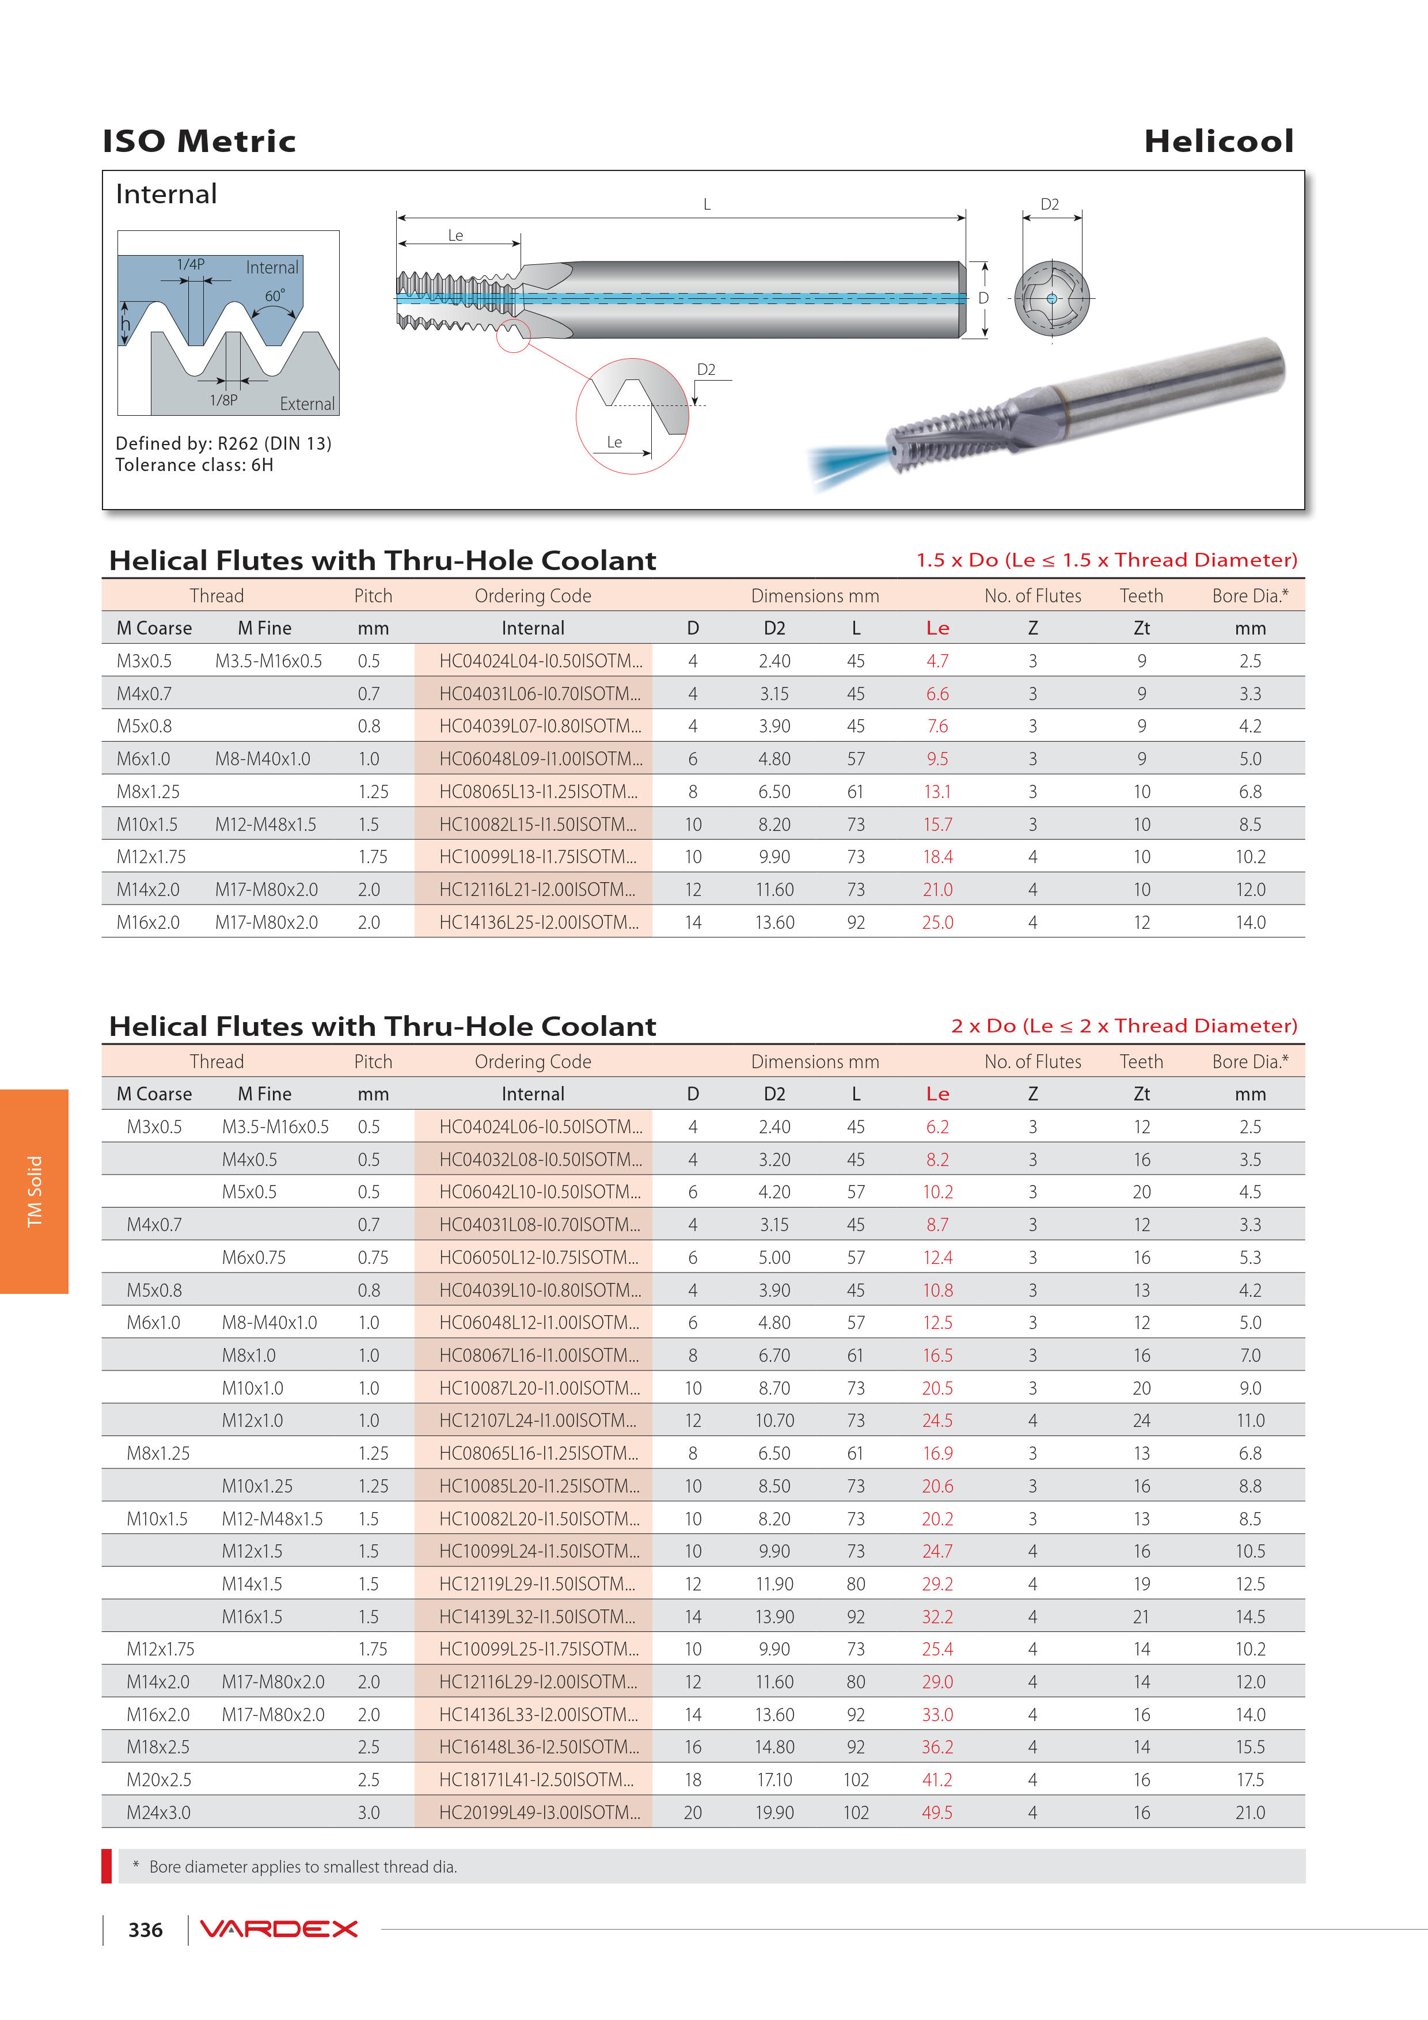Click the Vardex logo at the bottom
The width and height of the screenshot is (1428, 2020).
pos(278,1928)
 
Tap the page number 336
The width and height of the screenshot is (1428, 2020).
pos(145,1930)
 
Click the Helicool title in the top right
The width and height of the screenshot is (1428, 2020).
pos(1218,141)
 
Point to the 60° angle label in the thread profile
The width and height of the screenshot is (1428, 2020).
pos(275,295)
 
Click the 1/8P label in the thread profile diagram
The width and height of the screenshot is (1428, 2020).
pos(223,400)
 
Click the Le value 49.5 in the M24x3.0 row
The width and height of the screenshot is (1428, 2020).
pos(937,1812)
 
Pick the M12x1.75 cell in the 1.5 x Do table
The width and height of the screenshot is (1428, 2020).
pos(151,857)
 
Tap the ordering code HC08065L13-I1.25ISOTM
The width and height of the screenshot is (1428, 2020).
pos(538,792)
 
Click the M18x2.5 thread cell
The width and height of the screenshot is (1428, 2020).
pos(158,1747)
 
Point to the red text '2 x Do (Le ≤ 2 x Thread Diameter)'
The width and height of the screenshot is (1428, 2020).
pos(1123,1026)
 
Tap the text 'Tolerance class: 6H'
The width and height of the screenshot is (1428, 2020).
pos(195,465)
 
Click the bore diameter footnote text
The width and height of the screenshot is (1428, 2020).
pos(303,1867)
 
